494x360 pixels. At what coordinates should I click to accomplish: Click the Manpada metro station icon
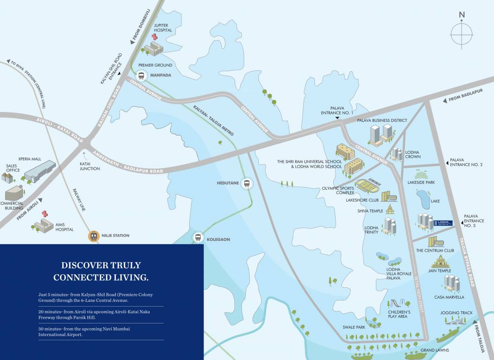141,75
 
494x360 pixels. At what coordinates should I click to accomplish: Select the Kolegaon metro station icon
199,238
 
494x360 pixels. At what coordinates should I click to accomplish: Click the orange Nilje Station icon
94,236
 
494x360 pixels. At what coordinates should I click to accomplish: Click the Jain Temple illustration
440,261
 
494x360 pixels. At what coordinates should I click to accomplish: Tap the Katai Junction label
90,166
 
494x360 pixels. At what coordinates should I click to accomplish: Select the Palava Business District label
382,120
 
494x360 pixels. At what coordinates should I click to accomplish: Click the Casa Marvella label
449,297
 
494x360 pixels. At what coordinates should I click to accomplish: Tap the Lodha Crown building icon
396,154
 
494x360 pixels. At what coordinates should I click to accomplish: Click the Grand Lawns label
434,350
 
